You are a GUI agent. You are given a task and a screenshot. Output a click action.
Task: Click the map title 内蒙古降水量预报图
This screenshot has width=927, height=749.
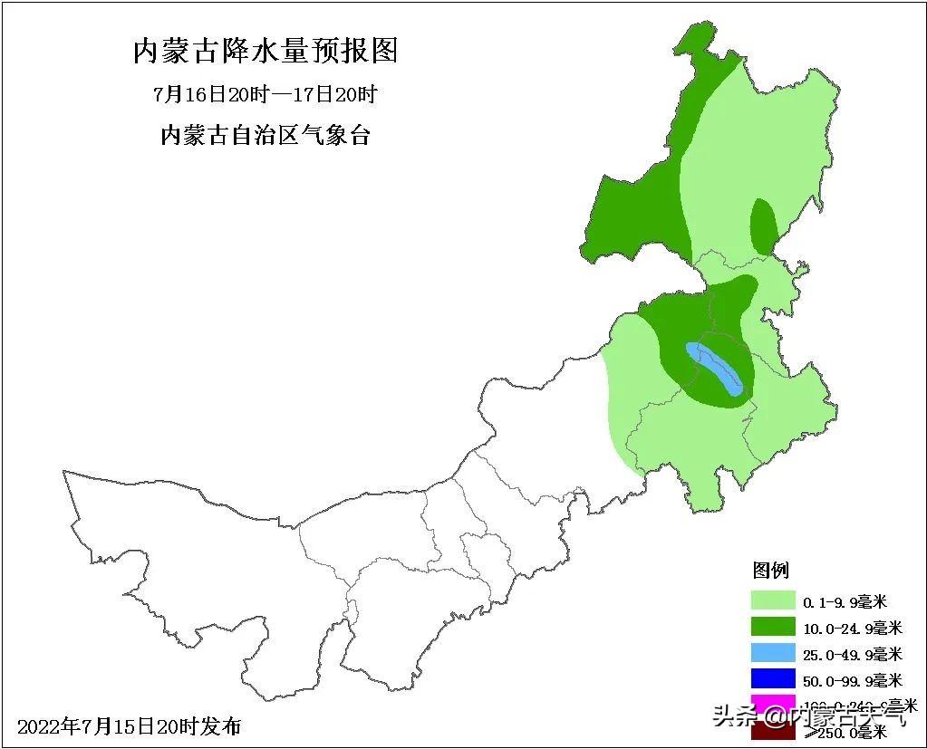pos(266,51)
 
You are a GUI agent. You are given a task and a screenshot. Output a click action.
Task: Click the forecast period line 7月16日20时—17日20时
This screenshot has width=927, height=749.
pos(265,94)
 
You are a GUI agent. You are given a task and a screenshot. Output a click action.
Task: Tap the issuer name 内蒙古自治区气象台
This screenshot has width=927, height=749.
pos(265,136)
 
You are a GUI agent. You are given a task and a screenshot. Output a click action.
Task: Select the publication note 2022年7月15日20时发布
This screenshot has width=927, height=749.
pos(130,726)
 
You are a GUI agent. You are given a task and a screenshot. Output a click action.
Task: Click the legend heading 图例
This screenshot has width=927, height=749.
pos(771,571)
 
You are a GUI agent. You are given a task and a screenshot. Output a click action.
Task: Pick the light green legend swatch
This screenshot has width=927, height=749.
pos(773,600)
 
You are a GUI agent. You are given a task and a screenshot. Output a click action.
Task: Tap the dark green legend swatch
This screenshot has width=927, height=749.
pos(773,627)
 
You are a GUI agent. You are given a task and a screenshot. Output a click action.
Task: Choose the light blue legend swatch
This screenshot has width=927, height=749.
pos(773,653)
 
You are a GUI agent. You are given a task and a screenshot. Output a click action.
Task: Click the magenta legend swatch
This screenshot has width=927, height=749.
pos(773,704)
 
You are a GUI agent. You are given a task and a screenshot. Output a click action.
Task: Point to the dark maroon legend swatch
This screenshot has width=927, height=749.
pos(773,731)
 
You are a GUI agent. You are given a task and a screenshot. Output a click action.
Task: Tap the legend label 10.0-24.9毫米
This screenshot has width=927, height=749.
pos(853,628)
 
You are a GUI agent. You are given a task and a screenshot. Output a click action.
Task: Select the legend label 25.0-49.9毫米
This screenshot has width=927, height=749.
pos(853,654)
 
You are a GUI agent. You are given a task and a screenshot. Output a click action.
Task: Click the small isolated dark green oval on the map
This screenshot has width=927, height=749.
pos(764,226)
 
